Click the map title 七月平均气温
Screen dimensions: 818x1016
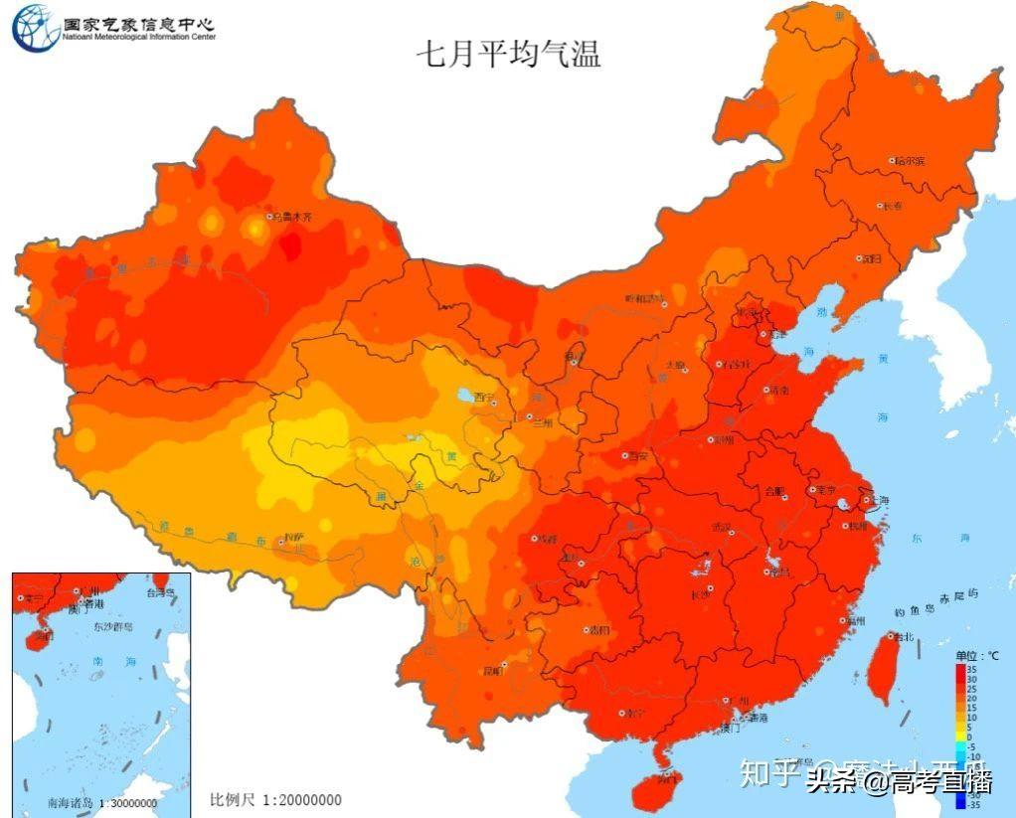coord(508,53)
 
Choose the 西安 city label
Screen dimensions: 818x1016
coord(637,455)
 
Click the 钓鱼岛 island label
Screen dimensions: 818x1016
coord(910,611)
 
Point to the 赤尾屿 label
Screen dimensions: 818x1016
coord(959,596)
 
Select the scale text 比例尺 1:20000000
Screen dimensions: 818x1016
coord(275,800)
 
